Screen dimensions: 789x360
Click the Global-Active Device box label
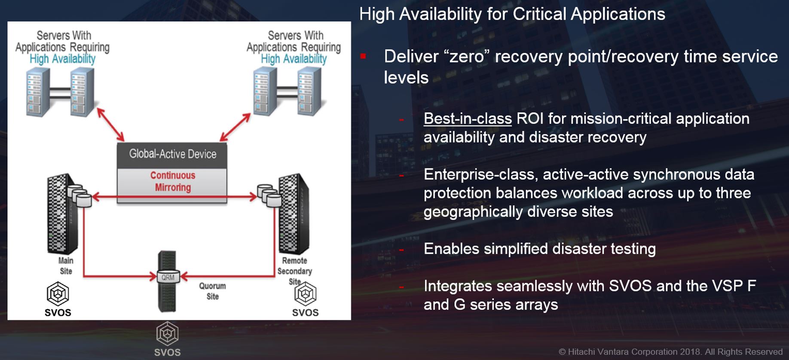[x=173, y=154]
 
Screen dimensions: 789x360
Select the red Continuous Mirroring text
[x=173, y=181]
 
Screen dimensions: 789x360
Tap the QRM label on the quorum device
[x=168, y=278]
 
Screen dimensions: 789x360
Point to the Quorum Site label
[x=212, y=291]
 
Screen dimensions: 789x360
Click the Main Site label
[x=66, y=265]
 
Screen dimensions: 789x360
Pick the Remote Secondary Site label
[x=294, y=271]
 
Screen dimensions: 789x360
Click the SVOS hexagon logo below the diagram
[x=167, y=333]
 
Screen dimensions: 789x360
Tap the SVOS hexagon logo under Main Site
[x=58, y=293]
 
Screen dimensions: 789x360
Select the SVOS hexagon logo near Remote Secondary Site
[x=306, y=294]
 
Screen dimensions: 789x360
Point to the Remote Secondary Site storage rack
[x=294, y=214]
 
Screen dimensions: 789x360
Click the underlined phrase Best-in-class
[x=468, y=119]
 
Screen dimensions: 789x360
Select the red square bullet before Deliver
[x=363, y=56]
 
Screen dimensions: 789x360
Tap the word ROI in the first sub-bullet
[x=530, y=119]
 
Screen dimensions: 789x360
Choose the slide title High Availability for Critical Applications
[x=512, y=14]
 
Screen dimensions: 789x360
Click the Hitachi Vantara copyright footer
[x=670, y=352]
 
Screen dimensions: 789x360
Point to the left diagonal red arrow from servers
[x=110, y=125]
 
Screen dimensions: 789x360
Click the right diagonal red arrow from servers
[x=235, y=127]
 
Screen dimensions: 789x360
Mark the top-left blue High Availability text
[x=63, y=59]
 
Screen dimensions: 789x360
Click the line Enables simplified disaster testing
[x=540, y=249]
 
